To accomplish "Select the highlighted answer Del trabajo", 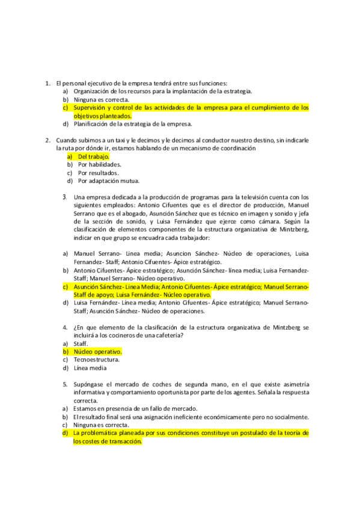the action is coord(93,156).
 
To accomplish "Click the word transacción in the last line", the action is coord(126,441).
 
